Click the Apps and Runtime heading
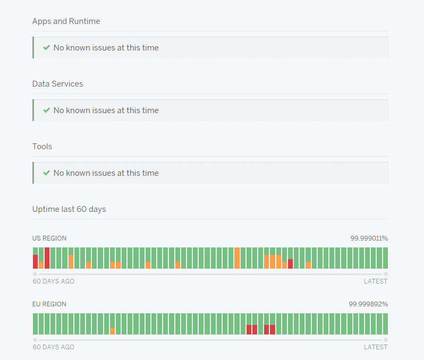(66, 21)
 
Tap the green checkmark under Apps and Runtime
(47, 48)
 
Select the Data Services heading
(57, 84)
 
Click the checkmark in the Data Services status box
(47, 110)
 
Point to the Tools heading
(42, 147)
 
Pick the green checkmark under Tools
(47, 173)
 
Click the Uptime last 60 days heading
(69, 209)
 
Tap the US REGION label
(49, 238)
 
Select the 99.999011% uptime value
(369, 238)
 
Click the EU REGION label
(49, 304)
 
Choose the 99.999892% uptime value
(368, 304)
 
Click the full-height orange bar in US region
(237, 258)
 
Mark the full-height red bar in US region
(47, 258)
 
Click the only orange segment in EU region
(112, 331)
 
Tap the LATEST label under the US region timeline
(376, 281)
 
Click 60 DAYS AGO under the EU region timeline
(53, 347)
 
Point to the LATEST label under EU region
(376, 347)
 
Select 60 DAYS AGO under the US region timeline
(53, 281)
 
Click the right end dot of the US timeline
(386, 274)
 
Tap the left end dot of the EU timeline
(35, 340)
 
